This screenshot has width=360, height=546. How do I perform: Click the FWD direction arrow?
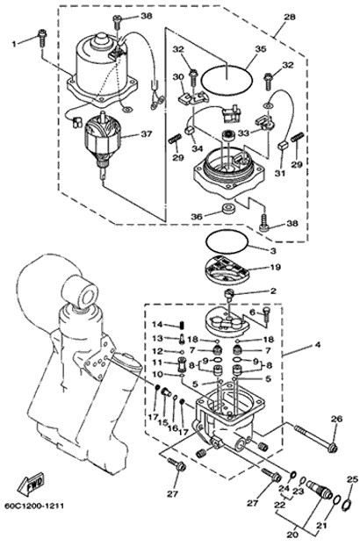pyautogui.click(x=31, y=485)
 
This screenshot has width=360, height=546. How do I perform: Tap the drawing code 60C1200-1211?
pyautogui.click(x=34, y=506)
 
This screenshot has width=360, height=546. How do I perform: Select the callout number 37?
pyautogui.click(x=146, y=133)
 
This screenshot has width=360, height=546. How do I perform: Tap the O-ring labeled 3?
pyautogui.click(x=227, y=231)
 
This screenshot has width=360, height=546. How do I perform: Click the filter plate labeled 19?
pyautogui.click(x=227, y=271)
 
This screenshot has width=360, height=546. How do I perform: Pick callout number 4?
pyautogui.click(x=317, y=345)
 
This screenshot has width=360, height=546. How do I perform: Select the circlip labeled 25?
pyautogui.click(x=347, y=505)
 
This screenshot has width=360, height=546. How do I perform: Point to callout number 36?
pyautogui.click(x=197, y=216)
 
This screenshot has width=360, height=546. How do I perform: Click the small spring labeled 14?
pyautogui.click(x=182, y=326)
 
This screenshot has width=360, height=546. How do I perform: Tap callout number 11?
pyautogui.click(x=158, y=363)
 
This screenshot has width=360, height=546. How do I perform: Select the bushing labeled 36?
pyautogui.click(x=229, y=207)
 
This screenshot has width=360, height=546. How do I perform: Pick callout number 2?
pyautogui.click(x=273, y=291)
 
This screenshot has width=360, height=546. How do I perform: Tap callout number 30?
pyautogui.click(x=178, y=76)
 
